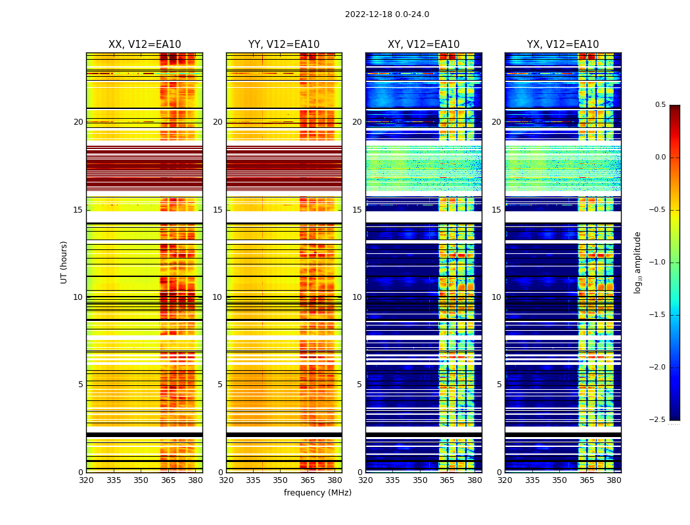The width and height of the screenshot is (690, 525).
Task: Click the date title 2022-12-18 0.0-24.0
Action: click(x=386, y=14)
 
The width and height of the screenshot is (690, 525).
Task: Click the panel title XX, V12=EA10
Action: click(x=145, y=45)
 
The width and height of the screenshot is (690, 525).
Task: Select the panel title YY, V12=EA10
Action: click(x=284, y=45)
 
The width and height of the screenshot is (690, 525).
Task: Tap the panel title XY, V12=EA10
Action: click(x=423, y=45)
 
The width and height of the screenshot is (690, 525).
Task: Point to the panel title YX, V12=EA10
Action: click(x=563, y=45)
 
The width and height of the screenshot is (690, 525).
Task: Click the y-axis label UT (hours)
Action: click(x=64, y=262)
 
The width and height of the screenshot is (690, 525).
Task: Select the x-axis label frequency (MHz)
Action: click(x=317, y=493)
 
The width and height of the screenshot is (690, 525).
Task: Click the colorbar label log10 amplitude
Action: click(x=637, y=262)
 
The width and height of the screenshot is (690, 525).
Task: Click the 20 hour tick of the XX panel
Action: click(x=78, y=122)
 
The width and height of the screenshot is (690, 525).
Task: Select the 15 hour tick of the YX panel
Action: click(x=497, y=210)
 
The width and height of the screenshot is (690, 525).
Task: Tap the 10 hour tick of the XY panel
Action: click(x=357, y=297)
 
